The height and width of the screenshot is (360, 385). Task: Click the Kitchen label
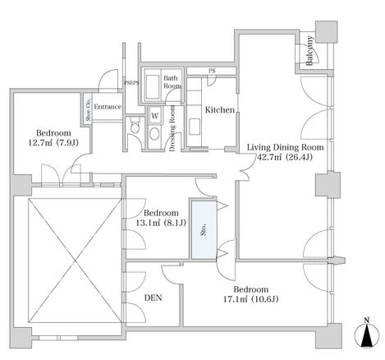coord(220,110)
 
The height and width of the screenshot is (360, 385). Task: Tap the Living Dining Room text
coord(285,147)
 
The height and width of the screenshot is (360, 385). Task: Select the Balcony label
coord(309,51)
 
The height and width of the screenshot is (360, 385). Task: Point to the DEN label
coord(154,298)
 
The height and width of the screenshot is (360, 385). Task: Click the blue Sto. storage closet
coord(204,230)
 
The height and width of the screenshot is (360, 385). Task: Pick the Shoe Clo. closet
coord(88,108)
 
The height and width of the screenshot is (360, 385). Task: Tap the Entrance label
coord(108,107)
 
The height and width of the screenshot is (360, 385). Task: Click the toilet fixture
coord(135,126)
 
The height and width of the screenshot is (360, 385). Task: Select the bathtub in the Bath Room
coord(152,86)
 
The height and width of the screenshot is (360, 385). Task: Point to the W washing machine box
coord(155,116)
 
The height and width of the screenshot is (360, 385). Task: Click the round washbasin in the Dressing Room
coord(155,134)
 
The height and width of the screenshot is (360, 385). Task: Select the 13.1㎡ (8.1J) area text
coord(161,223)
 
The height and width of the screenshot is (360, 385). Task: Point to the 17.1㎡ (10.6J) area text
coord(251,299)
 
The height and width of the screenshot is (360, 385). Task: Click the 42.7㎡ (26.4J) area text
coord(285,157)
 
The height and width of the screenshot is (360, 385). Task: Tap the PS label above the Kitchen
coord(212,71)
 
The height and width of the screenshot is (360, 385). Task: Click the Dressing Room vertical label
coord(172,128)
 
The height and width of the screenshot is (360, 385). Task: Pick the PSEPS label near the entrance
coord(132,82)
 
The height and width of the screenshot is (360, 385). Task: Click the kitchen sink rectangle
coord(195,127)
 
